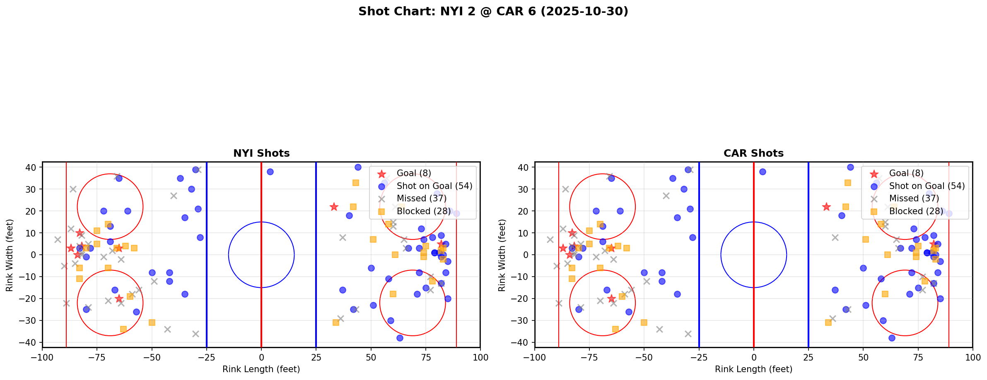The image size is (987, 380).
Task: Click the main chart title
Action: [493, 12]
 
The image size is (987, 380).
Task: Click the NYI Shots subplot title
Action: [261, 153]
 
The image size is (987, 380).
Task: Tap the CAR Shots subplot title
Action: [753, 153]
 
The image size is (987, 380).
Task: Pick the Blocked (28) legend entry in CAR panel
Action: [916, 211]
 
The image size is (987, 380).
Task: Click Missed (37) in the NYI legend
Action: [421, 198]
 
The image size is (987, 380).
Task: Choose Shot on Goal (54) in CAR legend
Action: [927, 186]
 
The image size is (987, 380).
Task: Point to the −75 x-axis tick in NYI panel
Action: [97, 357]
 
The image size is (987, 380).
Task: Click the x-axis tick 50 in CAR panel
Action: [863, 357]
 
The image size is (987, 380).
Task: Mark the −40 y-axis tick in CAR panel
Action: [522, 342]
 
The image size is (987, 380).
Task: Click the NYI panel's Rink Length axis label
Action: [261, 369]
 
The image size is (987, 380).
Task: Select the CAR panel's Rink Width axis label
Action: [502, 255]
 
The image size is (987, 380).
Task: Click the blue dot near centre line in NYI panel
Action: [270, 172]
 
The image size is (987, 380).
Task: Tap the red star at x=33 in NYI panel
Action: [334, 207]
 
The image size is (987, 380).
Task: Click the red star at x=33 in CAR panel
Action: [826, 207]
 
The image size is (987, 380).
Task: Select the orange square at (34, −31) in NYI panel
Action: [336, 323]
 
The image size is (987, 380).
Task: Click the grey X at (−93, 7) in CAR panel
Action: [550, 239]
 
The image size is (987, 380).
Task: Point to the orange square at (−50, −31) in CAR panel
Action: [644, 323]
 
